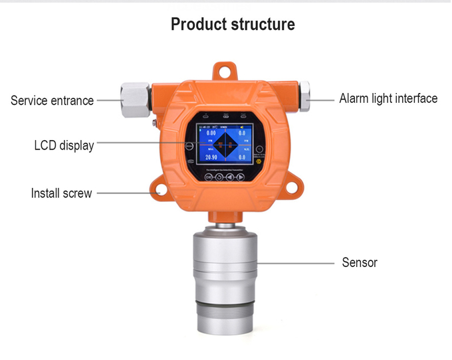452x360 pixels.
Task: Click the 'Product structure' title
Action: click(233, 25)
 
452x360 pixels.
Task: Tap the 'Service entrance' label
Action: click(52, 101)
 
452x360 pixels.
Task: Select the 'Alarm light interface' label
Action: click(388, 98)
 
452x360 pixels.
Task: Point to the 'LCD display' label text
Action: click(64, 145)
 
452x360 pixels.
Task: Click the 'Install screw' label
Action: click(61, 193)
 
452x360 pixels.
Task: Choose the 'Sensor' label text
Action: click(359, 262)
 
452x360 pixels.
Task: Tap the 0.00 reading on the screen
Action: click(211, 134)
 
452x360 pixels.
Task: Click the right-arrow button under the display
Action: click(239, 177)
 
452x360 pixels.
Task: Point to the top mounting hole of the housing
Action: click(227, 68)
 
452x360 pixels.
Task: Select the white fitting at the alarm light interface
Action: click(305, 97)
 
